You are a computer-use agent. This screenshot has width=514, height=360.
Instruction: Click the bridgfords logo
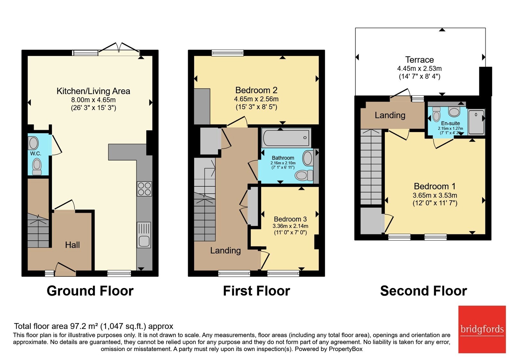click(482, 329)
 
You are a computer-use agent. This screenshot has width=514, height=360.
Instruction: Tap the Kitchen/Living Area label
click(93, 91)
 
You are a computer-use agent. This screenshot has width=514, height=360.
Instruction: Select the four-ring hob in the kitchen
click(144, 189)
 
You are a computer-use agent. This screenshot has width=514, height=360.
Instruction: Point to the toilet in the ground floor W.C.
click(37, 167)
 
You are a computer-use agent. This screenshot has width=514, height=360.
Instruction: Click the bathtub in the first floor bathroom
click(286, 138)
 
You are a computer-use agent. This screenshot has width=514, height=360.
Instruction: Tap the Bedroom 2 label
click(256, 90)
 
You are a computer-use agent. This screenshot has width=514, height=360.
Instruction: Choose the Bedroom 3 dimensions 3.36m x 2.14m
click(290, 226)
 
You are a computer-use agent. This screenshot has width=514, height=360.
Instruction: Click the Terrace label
click(420, 60)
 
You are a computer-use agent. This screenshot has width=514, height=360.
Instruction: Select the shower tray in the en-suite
click(476, 122)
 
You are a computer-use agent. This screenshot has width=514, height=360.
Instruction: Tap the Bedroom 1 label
click(435, 186)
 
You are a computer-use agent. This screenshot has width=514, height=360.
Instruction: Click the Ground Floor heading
click(90, 291)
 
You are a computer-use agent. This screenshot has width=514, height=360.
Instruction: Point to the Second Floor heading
click(424, 291)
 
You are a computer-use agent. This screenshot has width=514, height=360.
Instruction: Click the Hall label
click(73, 245)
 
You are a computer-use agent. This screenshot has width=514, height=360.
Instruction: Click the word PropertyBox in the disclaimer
click(346, 349)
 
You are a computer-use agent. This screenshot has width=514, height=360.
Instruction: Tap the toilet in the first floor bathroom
click(304, 175)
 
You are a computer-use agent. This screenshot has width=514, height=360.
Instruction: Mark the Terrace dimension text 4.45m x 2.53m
click(420, 68)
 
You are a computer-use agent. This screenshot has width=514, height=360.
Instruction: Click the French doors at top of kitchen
click(119, 49)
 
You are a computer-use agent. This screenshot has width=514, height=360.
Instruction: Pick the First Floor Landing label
click(226, 250)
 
